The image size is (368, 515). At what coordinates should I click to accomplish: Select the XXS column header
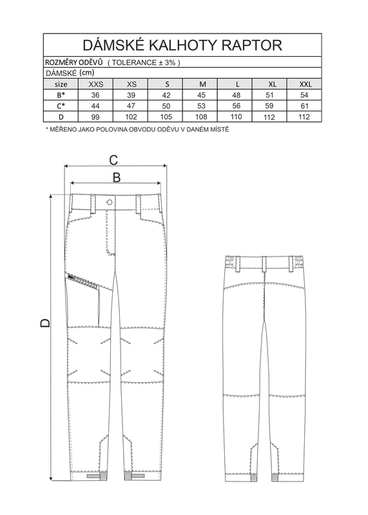point(96,84)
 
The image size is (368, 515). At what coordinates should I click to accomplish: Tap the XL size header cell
point(272,84)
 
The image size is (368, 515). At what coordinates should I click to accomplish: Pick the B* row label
point(61,95)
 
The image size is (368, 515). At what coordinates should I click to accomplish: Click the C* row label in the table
point(61,106)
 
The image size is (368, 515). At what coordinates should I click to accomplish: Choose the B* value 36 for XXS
point(95,95)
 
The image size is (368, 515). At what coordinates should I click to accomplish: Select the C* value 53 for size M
point(201,106)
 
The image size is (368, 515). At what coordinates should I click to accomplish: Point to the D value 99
point(95,117)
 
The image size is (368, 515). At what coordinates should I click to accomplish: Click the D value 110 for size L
point(237,117)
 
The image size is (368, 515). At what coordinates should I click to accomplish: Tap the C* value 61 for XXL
point(305,106)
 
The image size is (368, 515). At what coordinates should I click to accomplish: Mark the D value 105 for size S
point(166,117)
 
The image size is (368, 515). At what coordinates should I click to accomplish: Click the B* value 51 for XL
point(271,95)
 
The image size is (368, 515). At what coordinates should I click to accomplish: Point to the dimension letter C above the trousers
point(113,160)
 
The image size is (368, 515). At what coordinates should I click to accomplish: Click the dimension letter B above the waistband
point(117,177)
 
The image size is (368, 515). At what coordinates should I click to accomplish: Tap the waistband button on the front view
point(110,202)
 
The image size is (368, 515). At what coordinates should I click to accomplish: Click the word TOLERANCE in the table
point(135,63)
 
